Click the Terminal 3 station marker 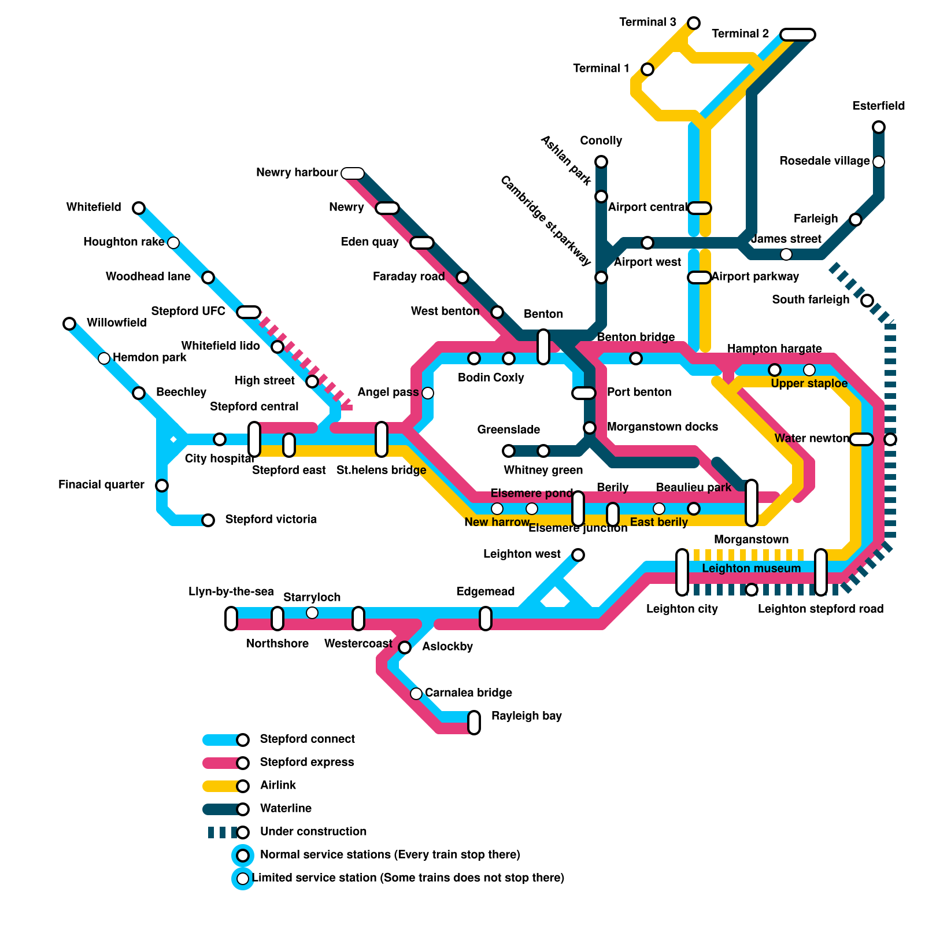[x=694, y=23]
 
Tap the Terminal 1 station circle [x=647, y=69]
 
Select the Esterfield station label [x=878, y=106]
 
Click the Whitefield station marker [x=139, y=208]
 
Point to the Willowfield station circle [x=69, y=324]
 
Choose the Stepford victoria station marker [x=208, y=520]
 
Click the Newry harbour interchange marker [x=353, y=173]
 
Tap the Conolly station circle [x=601, y=162]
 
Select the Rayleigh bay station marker [x=474, y=723]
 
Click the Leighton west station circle [x=578, y=555]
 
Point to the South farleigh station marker [x=867, y=301]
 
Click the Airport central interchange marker [x=700, y=208]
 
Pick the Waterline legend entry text [x=286, y=808]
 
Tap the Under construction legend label [x=313, y=831]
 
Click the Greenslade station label [x=508, y=430]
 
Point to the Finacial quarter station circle [x=162, y=486]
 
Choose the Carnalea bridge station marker [x=416, y=694]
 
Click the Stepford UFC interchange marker [x=249, y=312]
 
